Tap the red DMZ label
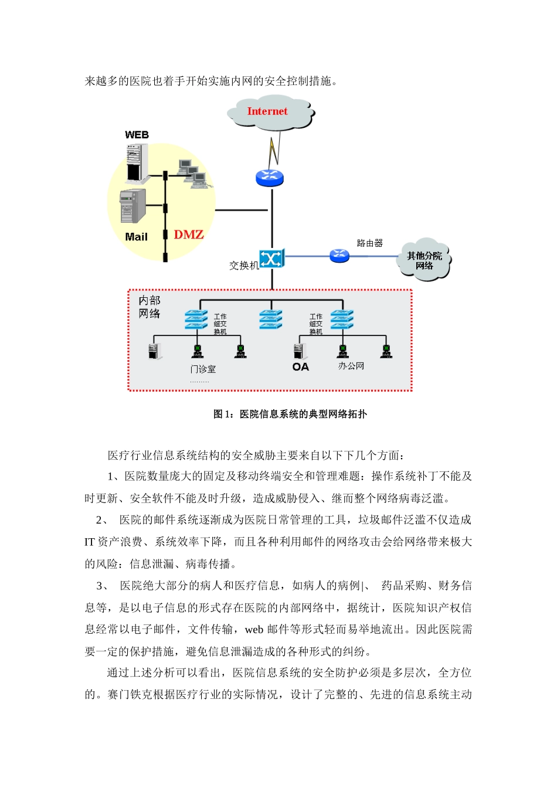click(x=188, y=235)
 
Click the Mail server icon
click(x=133, y=206)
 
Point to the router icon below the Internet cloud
click(x=270, y=177)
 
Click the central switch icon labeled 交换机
click(x=271, y=259)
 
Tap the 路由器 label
click(x=369, y=243)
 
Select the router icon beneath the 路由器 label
click(x=339, y=256)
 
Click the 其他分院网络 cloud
click(x=424, y=260)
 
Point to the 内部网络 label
click(x=150, y=307)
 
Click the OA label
click(x=300, y=367)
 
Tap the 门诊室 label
click(x=203, y=369)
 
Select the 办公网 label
click(x=351, y=366)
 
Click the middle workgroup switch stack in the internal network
click(x=271, y=320)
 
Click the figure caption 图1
click(x=290, y=414)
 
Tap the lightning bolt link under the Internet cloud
click(x=273, y=151)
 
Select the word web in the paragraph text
click(x=254, y=630)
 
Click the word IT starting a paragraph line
click(x=90, y=542)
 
